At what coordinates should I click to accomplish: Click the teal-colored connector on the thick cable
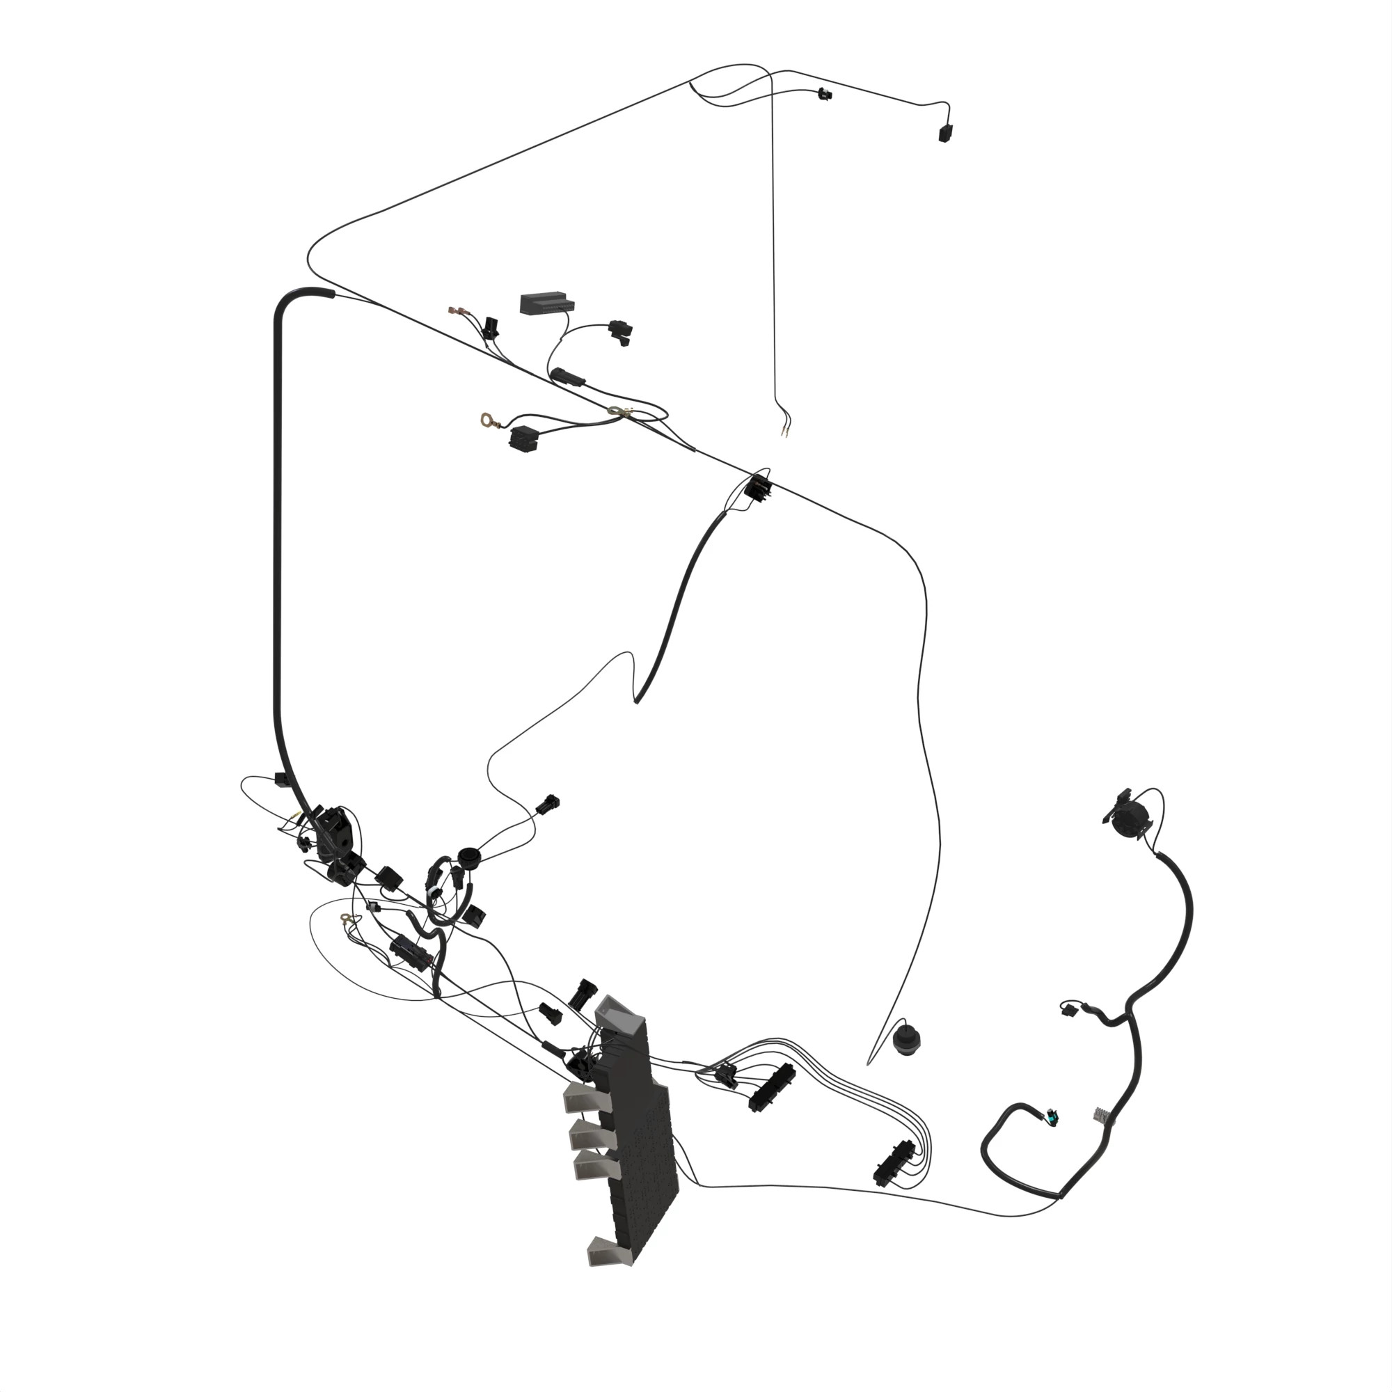click(1054, 1119)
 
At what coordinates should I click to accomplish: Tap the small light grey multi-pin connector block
click(1100, 1114)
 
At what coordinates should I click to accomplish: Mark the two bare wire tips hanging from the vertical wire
click(783, 432)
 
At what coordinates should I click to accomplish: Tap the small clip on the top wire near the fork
click(825, 93)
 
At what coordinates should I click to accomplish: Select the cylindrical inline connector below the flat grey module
click(569, 376)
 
